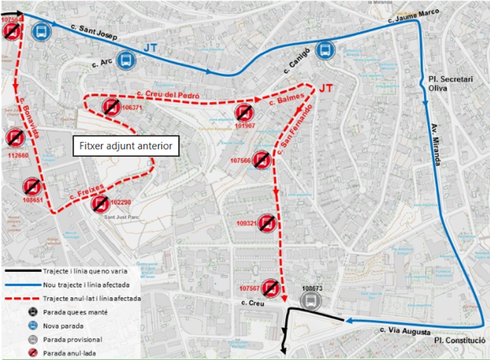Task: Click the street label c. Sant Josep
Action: coord(94,30)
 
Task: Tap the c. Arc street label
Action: coord(103,63)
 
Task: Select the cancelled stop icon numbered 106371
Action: coord(110,108)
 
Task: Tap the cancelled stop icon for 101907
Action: coord(244,113)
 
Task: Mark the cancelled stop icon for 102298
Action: coord(102,204)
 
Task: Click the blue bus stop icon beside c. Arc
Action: coord(126,60)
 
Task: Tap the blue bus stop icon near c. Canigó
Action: coord(325,49)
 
